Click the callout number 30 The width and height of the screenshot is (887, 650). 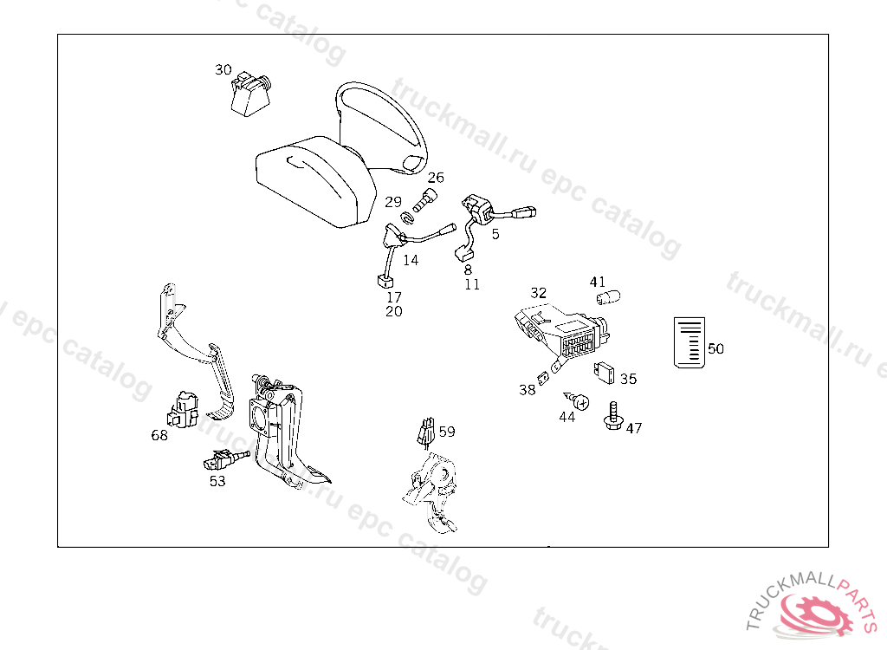223,69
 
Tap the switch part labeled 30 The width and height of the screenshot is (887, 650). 250,94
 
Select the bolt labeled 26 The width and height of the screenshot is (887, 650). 425,200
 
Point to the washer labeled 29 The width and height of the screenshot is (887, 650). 408,218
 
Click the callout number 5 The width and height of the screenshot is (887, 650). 495,234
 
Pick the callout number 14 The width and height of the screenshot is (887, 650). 411,261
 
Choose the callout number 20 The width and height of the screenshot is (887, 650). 394,311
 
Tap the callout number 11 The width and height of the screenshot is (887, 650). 472,284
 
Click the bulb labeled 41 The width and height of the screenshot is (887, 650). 608,296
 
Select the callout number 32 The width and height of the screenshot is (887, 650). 539,293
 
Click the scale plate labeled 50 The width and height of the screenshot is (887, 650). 690,342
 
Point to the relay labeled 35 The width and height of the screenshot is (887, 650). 604,373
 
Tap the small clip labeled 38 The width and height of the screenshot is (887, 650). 544,378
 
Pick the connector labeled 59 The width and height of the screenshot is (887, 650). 426,432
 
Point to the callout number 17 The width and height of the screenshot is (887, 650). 394,297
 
